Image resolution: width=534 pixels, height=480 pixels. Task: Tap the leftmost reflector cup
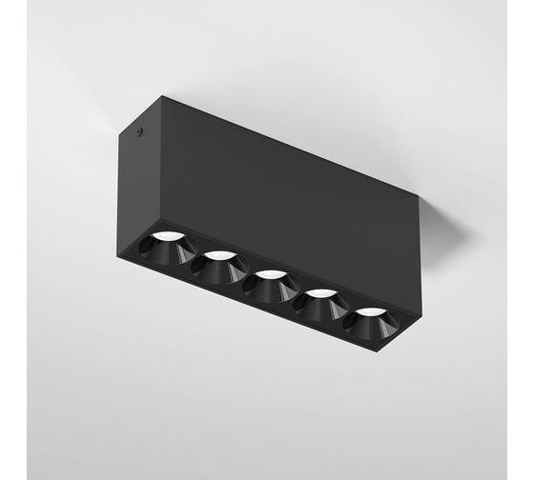point(164,247)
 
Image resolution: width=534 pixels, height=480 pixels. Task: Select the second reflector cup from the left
point(220,267)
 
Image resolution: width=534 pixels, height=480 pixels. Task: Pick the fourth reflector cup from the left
point(322,304)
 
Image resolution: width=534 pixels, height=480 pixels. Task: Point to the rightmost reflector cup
point(371,322)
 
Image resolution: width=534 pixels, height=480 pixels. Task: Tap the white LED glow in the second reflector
point(220,255)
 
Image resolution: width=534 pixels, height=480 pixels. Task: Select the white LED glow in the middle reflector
point(272,274)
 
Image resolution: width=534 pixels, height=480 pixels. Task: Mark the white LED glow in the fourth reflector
point(323,293)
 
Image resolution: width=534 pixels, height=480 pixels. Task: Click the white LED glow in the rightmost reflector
point(372,311)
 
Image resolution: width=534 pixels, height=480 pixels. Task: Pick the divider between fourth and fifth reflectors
point(347,313)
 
